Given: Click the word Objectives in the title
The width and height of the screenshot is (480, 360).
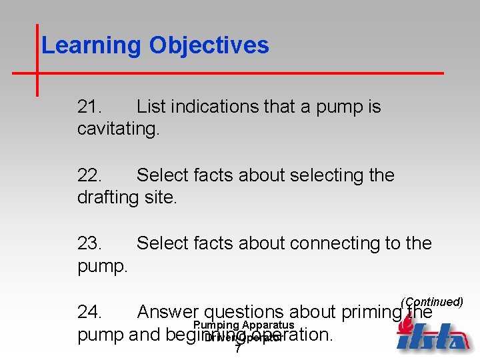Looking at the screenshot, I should click(x=209, y=46).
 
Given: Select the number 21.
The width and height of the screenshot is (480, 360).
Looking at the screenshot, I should click(x=89, y=107).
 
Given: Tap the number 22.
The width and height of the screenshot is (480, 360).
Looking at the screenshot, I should click(x=89, y=175).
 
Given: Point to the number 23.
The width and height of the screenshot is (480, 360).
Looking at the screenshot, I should click(x=89, y=244).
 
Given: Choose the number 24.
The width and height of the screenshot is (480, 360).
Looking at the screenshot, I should click(x=89, y=312).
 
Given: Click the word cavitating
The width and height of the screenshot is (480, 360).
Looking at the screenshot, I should click(x=118, y=129).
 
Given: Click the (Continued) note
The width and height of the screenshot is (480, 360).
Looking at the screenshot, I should click(x=432, y=302).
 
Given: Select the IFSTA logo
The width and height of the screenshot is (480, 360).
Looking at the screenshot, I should click(x=433, y=336).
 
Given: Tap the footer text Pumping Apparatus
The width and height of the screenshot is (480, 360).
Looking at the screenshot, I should click(x=243, y=325).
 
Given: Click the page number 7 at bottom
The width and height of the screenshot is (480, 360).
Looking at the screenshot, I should click(x=238, y=349).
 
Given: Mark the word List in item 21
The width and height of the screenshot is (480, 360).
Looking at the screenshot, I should click(x=151, y=107).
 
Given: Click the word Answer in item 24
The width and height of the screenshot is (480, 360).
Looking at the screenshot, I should click(x=167, y=312).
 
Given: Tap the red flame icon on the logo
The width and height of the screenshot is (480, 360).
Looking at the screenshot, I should click(x=404, y=323).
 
